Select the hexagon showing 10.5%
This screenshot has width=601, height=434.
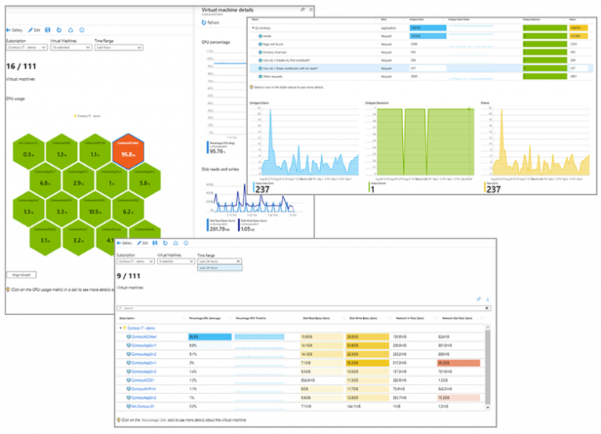(94, 211)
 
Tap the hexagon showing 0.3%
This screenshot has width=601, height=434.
(29, 152)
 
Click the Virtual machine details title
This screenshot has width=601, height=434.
(231, 7)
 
